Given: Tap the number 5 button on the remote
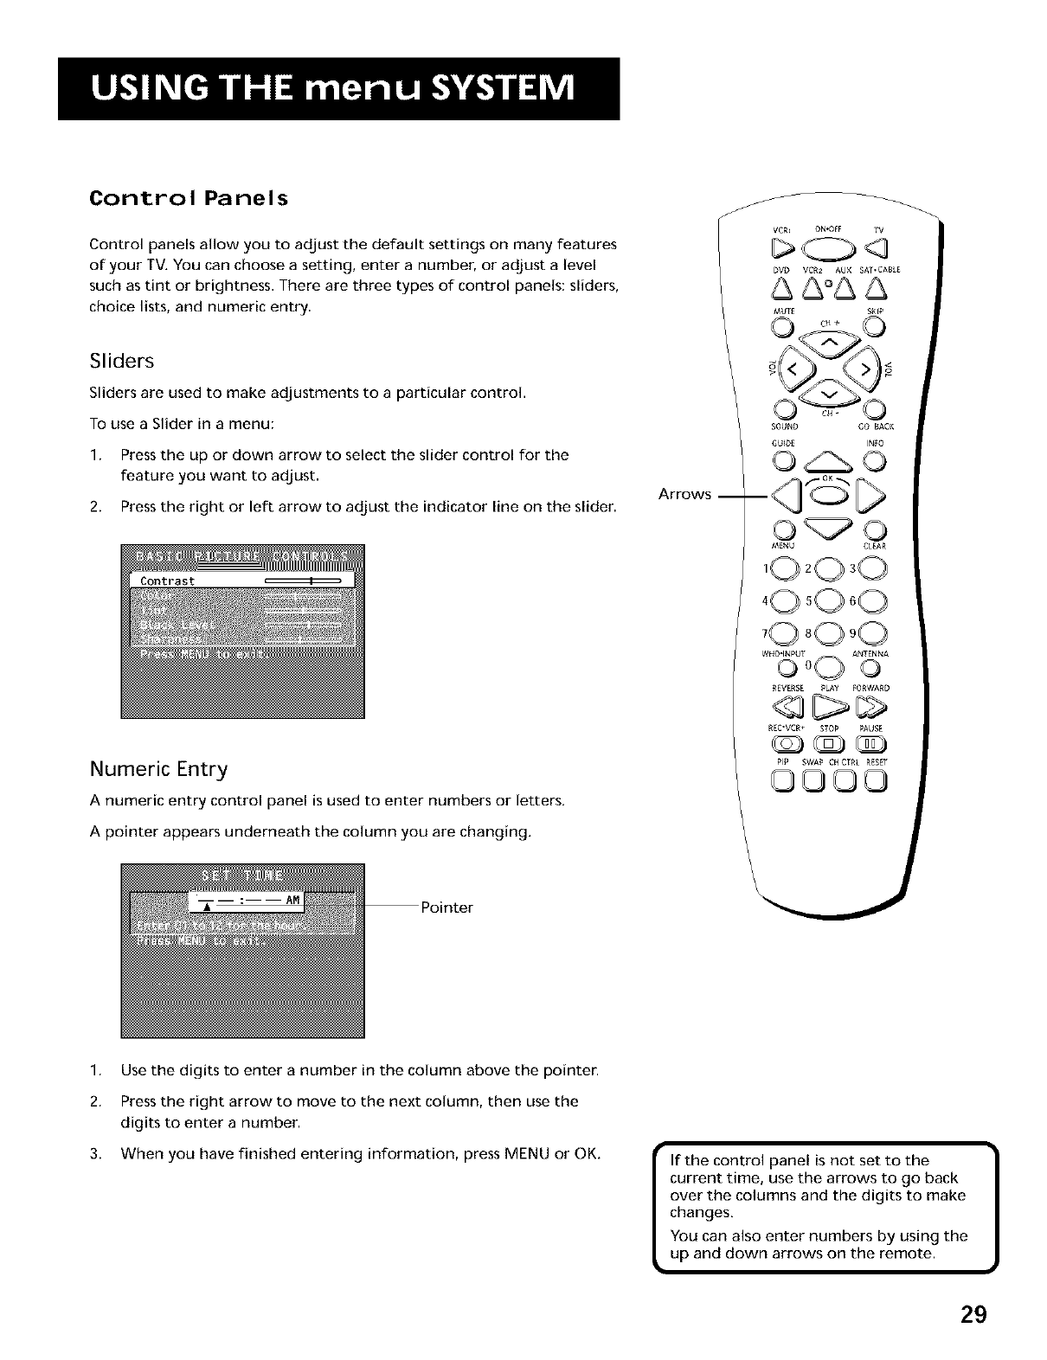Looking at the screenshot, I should click(828, 600).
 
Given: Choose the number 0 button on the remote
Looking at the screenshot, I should click(828, 667).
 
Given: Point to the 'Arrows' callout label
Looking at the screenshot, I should click(684, 494).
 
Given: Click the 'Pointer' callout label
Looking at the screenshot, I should click(446, 908).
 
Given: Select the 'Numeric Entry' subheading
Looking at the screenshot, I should click(158, 769).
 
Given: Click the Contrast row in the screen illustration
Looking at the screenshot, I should click(242, 581).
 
